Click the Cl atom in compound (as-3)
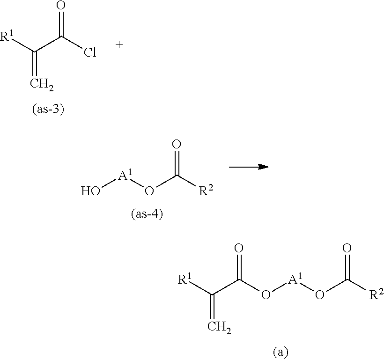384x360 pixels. pos(90,52)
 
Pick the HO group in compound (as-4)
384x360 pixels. pos(89,191)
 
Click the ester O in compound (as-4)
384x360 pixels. pos(149,191)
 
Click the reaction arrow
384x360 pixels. pos(248,167)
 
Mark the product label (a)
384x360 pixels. pos(280,351)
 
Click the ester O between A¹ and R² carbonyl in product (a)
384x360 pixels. pos(320,295)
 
